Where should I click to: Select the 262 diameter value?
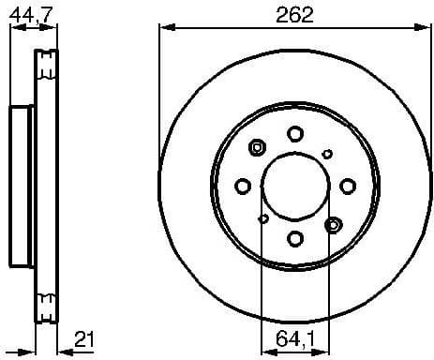pos(294,14)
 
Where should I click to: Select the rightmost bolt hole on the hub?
pos(347,185)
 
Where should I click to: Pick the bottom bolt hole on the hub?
pos(294,238)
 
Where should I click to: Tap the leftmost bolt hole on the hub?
pos(242,186)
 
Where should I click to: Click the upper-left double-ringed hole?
pos(258,147)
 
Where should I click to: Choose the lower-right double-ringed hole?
pos(332,224)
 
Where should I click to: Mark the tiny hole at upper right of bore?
pos(326,154)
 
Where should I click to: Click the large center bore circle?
pos(294,186)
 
